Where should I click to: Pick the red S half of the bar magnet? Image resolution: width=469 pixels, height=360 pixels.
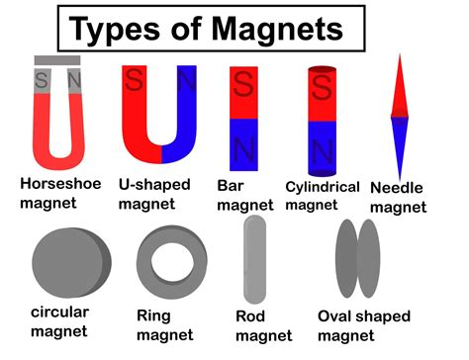pos(243,94)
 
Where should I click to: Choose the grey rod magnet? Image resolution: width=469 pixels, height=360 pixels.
pos(254,260)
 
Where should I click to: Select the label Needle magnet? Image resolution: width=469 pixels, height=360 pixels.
pos(399,198)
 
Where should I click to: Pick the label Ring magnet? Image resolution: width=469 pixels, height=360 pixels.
pos(168,325)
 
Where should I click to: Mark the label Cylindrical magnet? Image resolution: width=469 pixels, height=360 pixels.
pos(321,195)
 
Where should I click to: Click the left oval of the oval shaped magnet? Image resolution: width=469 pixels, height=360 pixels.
pos(347,258)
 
